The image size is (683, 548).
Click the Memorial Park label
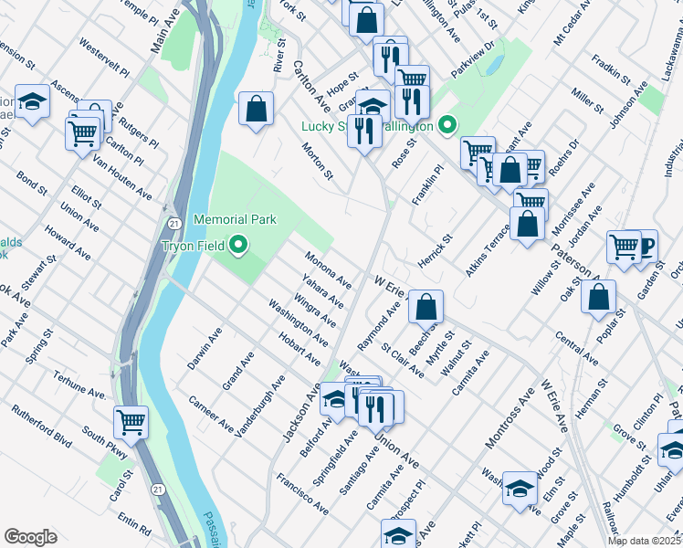[235, 220]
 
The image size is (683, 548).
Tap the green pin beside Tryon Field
[239, 245]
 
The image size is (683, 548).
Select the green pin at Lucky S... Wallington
[447, 125]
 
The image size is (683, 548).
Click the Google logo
[30, 537]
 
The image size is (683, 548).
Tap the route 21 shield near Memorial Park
[172, 223]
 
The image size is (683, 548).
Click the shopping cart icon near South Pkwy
[131, 423]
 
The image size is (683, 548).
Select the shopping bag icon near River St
[257, 108]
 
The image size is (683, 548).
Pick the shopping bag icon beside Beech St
[426, 307]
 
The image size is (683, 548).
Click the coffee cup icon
[645, 245]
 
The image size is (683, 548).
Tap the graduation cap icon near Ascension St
[32, 102]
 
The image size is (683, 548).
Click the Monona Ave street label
[328, 268]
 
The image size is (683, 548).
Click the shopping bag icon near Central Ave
[598, 296]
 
